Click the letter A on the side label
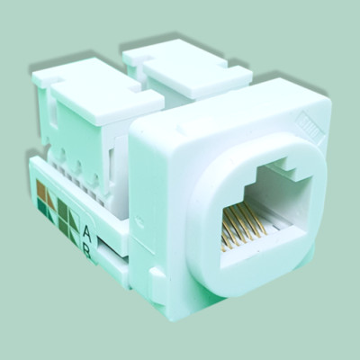point(86,229)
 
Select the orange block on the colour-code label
point(42,192)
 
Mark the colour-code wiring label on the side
point(55,208)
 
